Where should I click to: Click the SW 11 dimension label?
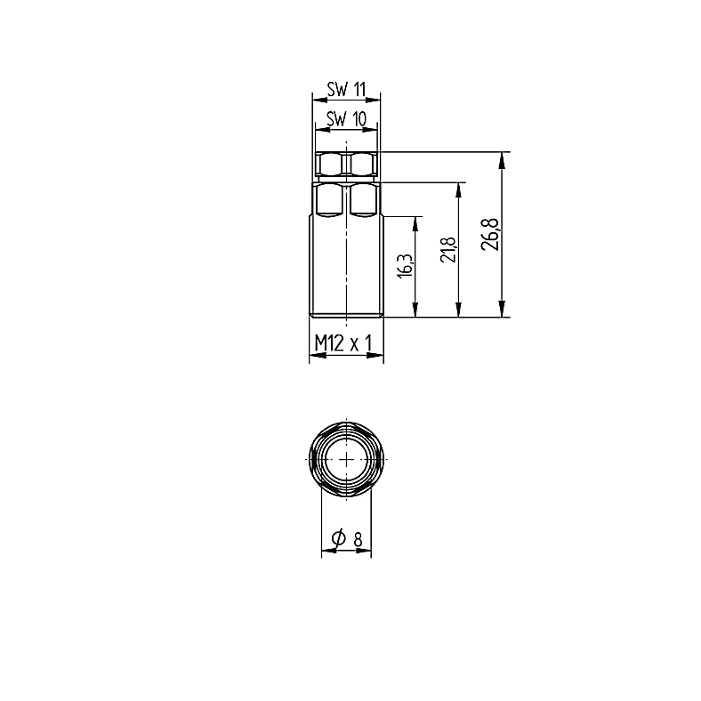tap(346, 90)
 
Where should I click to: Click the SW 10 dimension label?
tap(346, 119)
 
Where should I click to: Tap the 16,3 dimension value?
tap(406, 266)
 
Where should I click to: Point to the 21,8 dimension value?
tap(448, 249)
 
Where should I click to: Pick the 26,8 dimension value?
tap(490, 234)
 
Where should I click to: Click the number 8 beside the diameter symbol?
tap(358, 541)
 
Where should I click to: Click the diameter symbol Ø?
tap(339, 538)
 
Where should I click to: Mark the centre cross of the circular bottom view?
tap(346, 459)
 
